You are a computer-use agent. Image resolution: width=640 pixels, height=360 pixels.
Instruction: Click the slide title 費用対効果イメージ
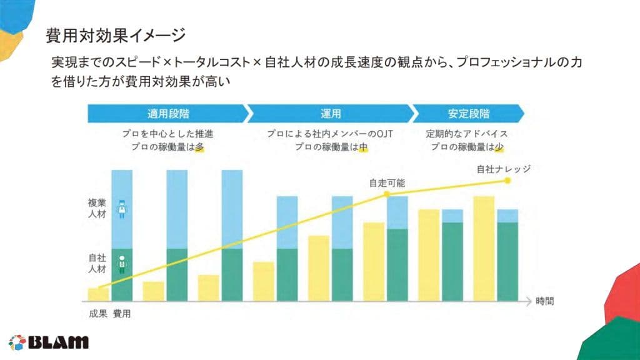(116, 36)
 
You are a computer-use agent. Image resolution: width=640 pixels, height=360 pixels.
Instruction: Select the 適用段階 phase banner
(168, 114)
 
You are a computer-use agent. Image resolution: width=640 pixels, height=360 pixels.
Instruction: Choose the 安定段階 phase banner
(468, 114)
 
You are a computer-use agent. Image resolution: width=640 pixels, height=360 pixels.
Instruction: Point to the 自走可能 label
(387, 183)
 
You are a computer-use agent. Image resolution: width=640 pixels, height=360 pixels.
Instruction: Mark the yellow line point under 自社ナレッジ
(507, 181)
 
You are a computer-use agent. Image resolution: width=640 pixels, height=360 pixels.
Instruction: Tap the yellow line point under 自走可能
(387, 194)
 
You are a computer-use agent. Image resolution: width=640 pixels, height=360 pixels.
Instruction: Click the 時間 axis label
(544, 301)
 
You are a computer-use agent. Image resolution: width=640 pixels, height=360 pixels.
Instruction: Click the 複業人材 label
(97, 209)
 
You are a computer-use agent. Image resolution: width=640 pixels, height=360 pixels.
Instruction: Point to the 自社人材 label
(97, 262)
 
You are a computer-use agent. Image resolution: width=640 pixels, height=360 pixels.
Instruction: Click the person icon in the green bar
(122, 262)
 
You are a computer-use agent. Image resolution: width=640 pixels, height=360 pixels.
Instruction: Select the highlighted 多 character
(199, 147)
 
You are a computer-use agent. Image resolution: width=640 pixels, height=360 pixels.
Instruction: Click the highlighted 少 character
(498, 147)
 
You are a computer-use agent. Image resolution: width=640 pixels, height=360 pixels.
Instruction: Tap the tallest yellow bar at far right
(484, 248)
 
